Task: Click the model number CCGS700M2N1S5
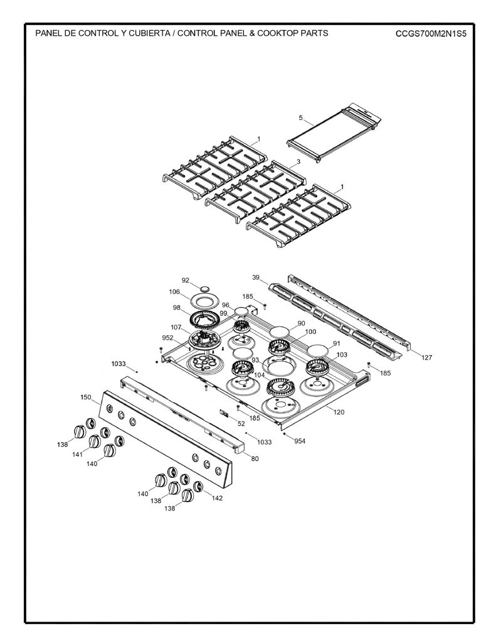click(x=431, y=33)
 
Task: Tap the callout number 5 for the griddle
click(x=300, y=117)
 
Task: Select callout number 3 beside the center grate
click(x=298, y=161)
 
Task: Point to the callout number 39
click(x=256, y=278)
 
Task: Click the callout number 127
click(x=427, y=357)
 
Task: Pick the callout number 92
click(x=186, y=280)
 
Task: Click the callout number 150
click(x=86, y=397)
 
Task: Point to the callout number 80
click(x=255, y=458)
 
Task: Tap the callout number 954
click(x=300, y=441)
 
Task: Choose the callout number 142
click(x=217, y=498)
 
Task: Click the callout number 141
click(x=77, y=454)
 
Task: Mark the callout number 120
click(x=339, y=412)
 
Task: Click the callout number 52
click(x=241, y=424)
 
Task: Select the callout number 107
click(x=176, y=327)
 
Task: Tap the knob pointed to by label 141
click(x=95, y=441)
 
